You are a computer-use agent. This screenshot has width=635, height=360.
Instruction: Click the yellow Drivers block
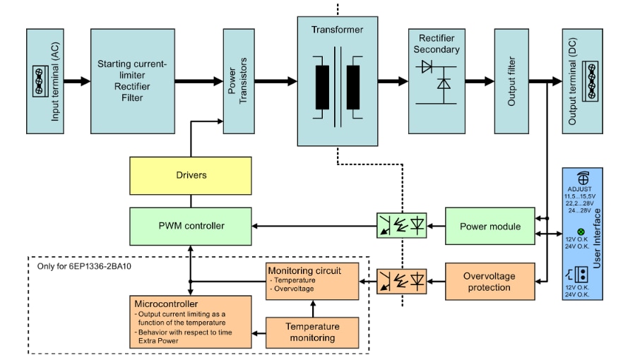(x=190, y=175)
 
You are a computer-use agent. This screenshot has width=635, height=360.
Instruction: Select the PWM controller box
(x=190, y=226)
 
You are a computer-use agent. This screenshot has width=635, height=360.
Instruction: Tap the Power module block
(x=489, y=227)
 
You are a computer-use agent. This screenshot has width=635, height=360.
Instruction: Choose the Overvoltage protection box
(x=489, y=282)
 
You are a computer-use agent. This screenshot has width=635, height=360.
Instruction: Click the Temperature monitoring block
(x=312, y=332)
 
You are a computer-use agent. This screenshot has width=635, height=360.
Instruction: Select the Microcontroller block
(x=190, y=322)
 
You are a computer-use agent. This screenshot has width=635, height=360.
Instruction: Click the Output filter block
(x=511, y=81)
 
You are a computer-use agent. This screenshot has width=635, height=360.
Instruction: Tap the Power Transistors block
(x=238, y=81)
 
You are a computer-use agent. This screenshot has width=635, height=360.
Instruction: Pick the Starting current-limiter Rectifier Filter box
(x=132, y=81)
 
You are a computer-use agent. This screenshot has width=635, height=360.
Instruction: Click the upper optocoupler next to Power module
(x=401, y=227)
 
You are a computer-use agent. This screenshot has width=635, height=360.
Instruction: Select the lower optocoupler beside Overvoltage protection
(x=401, y=282)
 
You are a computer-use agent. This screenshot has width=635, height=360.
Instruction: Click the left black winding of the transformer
(x=322, y=87)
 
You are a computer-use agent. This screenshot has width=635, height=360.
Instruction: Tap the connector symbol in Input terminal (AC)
(x=40, y=81)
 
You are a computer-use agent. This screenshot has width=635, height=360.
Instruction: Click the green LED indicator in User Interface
(x=581, y=232)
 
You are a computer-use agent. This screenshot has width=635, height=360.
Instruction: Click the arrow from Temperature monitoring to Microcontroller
(x=259, y=332)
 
